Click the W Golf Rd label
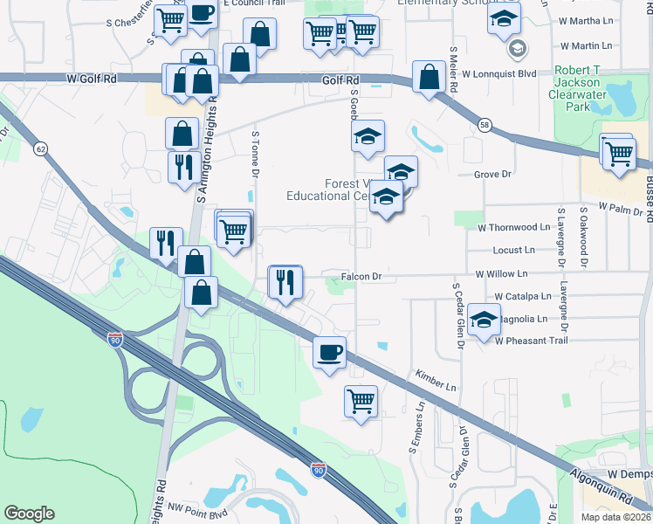[92, 79]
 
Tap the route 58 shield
[484, 126]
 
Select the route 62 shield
[41, 149]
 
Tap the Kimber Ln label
[436, 380]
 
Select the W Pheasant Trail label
[531, 341]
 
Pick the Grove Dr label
[491, 175]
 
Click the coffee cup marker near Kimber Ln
[329, 353]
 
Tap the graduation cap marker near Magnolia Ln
[483, 320]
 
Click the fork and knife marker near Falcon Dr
[285, 282]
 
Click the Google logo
[29, 514]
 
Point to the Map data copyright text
[616, 517]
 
